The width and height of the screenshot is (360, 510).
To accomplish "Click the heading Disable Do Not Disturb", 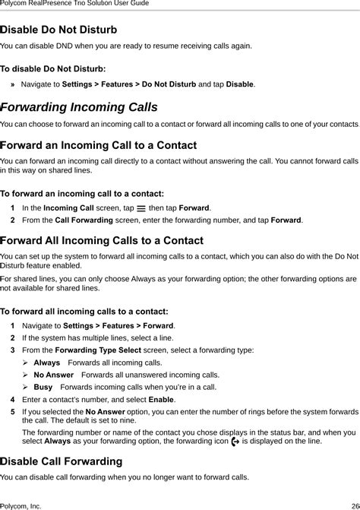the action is [58, 30].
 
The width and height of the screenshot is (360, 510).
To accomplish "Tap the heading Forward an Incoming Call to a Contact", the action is [99, 144].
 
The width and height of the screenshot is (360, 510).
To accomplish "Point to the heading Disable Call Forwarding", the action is [62, 461].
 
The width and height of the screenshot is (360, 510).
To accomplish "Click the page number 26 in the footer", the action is [355, 505].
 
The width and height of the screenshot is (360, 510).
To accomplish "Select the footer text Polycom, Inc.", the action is [21, 505].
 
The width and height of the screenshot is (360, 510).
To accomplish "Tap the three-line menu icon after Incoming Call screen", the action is [141, 207].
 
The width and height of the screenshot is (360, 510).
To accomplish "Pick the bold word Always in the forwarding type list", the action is [47, 363].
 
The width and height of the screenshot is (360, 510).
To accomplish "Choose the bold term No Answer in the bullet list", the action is [53, 375].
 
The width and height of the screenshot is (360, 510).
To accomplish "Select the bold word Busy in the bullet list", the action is [43, 387].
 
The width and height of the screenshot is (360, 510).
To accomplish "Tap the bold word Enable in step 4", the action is [161, 399].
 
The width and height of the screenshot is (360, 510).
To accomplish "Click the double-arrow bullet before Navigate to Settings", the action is [13, 84].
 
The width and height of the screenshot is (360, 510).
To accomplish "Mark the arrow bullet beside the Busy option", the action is [26, 387].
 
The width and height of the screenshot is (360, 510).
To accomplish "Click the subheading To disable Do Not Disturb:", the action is [52, 68].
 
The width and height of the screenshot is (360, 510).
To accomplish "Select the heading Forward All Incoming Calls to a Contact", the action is [102, 240].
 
